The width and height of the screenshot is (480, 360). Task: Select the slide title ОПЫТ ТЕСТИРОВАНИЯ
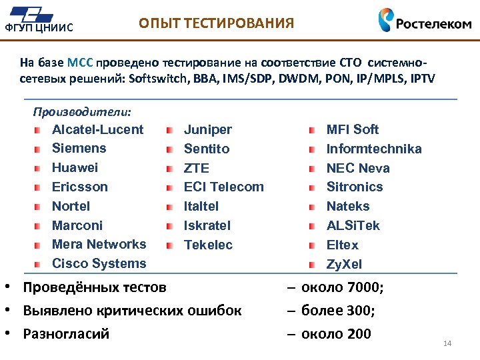click(215, 24)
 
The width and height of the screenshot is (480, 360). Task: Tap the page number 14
click(447, 343)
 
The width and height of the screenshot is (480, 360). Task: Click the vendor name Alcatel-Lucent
click(97, 129)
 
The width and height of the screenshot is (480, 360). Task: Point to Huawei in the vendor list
click(75, 167)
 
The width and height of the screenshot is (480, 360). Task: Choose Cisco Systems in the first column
click(99, 263)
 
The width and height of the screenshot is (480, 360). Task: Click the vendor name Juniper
click(207, 129)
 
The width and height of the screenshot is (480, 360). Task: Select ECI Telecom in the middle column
click(223, 187)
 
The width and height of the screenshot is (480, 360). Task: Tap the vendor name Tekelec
click(208, 245)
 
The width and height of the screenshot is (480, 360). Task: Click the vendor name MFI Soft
click(352, 129)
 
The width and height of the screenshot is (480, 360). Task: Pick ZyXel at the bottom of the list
click(344, 264)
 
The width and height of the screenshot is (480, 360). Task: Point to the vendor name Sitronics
click(354, 187)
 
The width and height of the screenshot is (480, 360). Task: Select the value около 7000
click(342, 288)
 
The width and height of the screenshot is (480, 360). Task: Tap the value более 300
click(337, 311)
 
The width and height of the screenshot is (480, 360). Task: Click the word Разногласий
click(65, 333)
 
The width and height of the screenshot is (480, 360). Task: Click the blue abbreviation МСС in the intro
click(80, 63)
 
